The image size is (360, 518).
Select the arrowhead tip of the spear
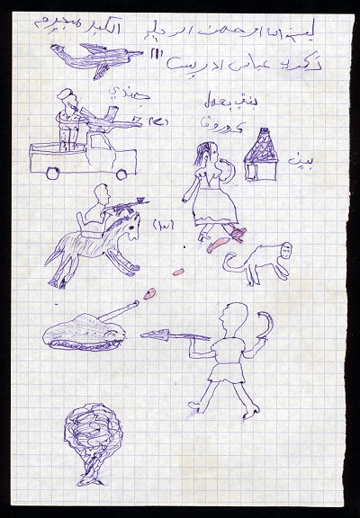(x=153, y=336)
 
